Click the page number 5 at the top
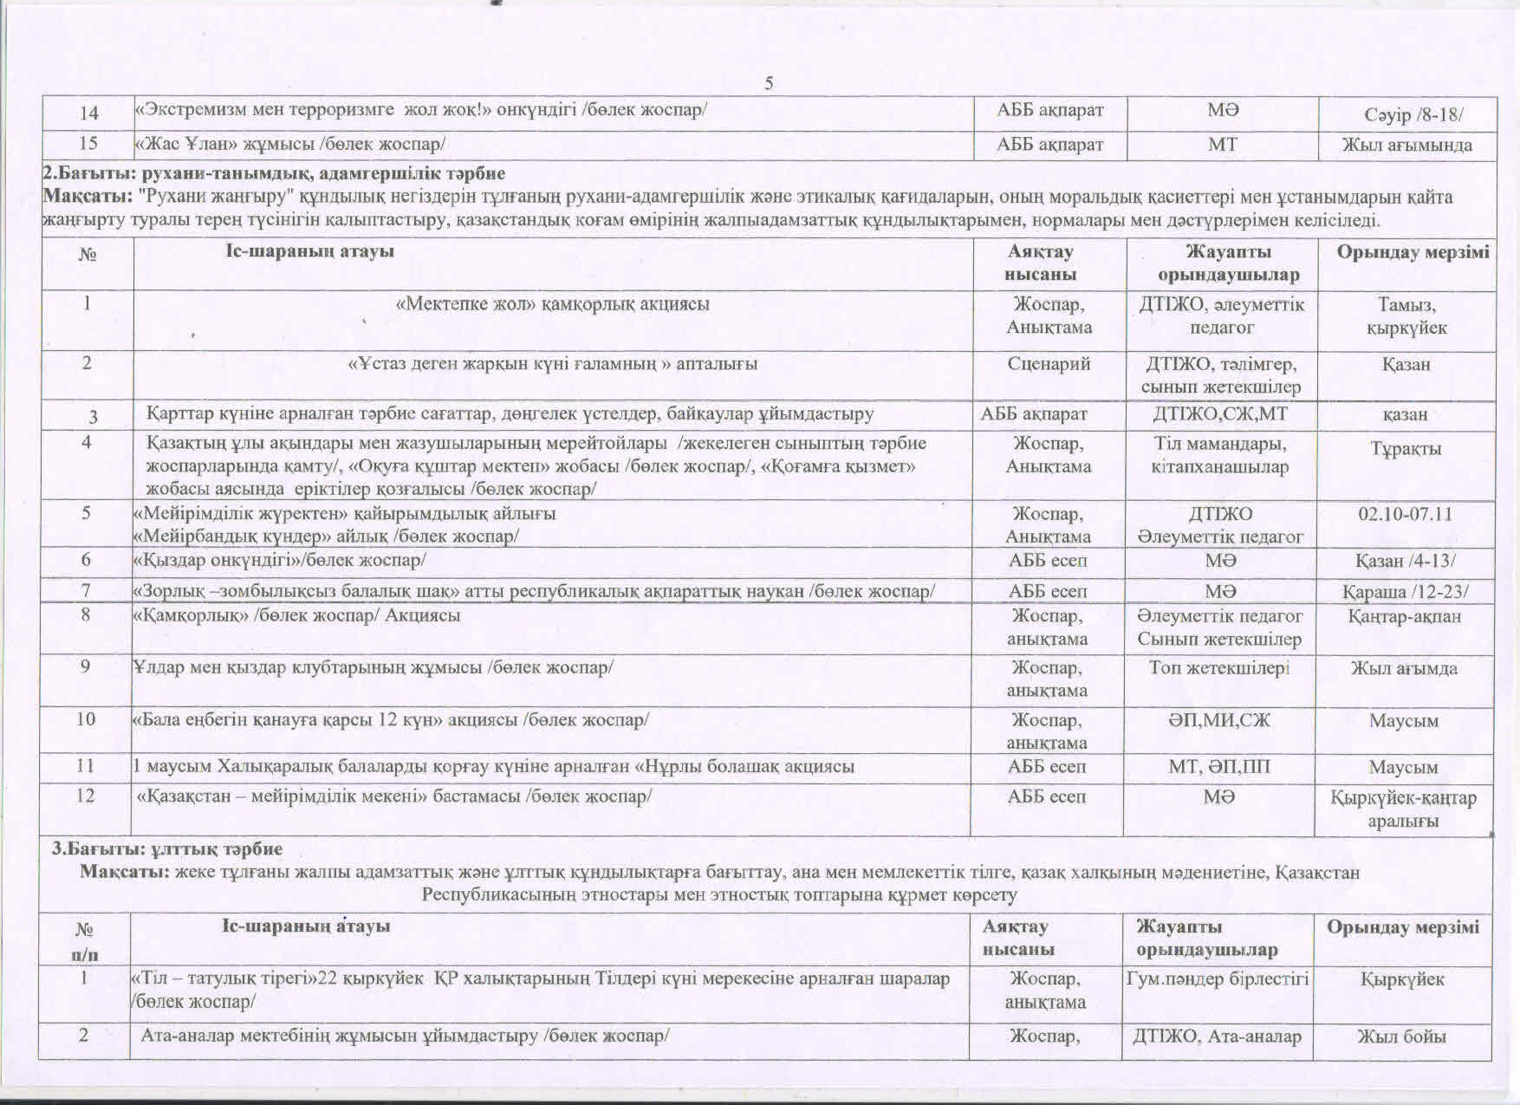(x=769, y=83)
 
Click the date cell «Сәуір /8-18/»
(x=1406, y=114)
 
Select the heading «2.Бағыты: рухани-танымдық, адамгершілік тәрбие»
(x=275, y=173)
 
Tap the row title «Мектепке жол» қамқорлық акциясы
(x=552, y=304)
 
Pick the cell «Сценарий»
(x=1049, y=364)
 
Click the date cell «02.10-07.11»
(x=1405, y=513)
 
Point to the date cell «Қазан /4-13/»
(x=1405, y=561)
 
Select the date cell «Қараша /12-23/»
(x=1405, y=592)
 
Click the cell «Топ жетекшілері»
(x=1219, y=667)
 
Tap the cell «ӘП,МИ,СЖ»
(x=1219, y=719)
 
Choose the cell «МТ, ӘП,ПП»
(x=1219, y=767)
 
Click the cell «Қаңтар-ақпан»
(x=1405, y=616)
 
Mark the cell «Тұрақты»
(x=1406, y=448)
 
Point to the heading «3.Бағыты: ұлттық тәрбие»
(x=166, y=848)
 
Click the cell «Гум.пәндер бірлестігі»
(x=1217, y=979)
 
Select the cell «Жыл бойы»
(x=1401, y=1036)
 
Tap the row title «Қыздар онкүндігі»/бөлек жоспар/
(x=279, y=560)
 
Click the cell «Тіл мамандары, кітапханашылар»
(x=1220, y=455)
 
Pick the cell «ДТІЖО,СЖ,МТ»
(x=1220, y=414)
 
